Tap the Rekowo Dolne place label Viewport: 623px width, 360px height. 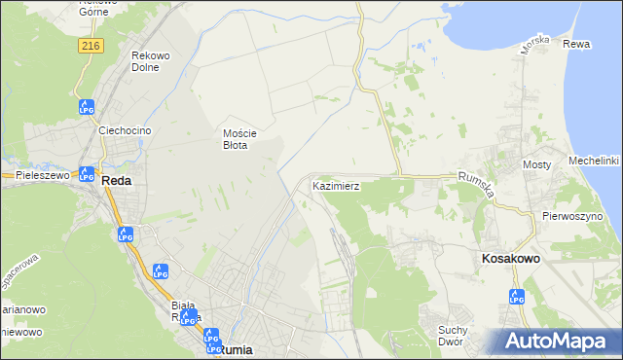tap(150, 61)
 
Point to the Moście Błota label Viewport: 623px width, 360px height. tap(238, 139)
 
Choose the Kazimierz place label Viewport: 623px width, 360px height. tap(337, 185)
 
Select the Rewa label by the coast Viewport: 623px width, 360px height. tap(576, 45)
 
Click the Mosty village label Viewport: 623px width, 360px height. tap(537, 165)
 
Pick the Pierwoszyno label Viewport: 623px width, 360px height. tap(574, 216)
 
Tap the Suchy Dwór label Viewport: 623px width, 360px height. tap(454, 336)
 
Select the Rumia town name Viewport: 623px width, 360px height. tap(237, 349)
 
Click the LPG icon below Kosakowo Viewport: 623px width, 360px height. tap(517, 297)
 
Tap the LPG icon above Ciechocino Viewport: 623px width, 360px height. tap(86, 107)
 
